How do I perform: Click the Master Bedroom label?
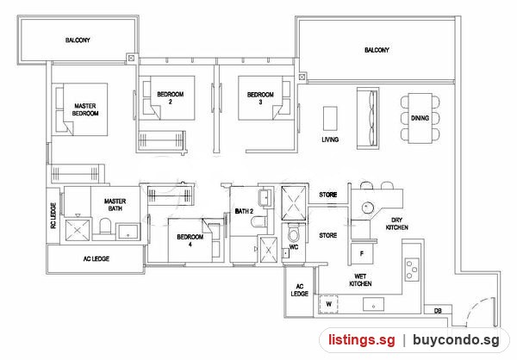pyautogui.click(x=85, y=109)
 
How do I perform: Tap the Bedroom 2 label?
pyautogui.click(x=170, y=98)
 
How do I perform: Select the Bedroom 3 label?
pyautogui.click(x=260, y=98)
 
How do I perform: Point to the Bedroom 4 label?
pyautogui.click(x=190, y=240)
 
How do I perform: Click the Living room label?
pyautogui.click(x=330, y=140)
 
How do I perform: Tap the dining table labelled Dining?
pyautogui.click(x=420, y=118)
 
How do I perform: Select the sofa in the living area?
pyautogui.click(x=368, y=119)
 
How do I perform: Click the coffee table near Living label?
pyautogui.click(x=330, y=118)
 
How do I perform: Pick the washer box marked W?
pyautogui.click(x=329, y=304)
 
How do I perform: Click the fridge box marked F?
pyautogui.click(x=362, y=254)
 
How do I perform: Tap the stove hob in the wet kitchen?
pyautogui.click(x=412, y=270)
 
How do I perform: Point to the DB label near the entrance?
pyautogui.click(x=438, y=311)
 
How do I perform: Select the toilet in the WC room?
pyautogui.click(x=293, y=233)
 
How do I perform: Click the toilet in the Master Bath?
pyautogui.click(x=105, y=226)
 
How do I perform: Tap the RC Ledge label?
pyautogui.click(x=53, y=215)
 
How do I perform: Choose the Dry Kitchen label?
pyautogui.click(x=397, y=224)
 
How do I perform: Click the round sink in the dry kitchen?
pyautogui.click(x=368, y=208)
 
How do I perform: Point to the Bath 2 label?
pyautogui.click(x=244, y=211)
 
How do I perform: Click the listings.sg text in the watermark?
pyautogui.click(x=361, y=340)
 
